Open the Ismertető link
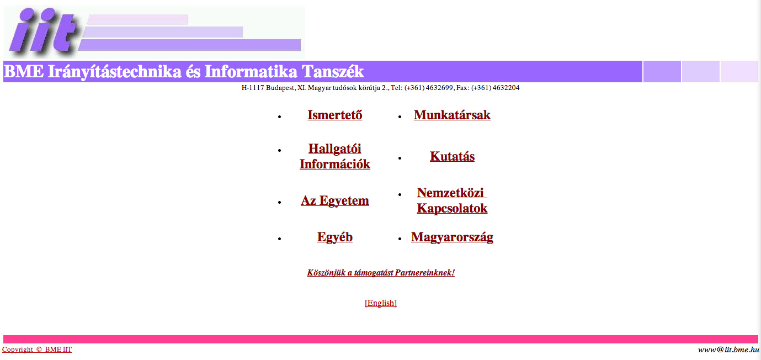335,115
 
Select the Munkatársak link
452,115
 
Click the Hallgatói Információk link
335,156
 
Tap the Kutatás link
452,156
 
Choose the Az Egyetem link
335,200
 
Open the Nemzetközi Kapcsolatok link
452,200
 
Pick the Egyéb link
335,237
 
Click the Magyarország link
452,237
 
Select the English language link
381,303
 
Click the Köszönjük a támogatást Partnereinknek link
381,272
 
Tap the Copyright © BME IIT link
37,350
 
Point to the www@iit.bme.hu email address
728,350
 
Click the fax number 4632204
505,88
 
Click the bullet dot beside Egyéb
280,239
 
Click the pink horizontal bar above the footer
381,339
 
